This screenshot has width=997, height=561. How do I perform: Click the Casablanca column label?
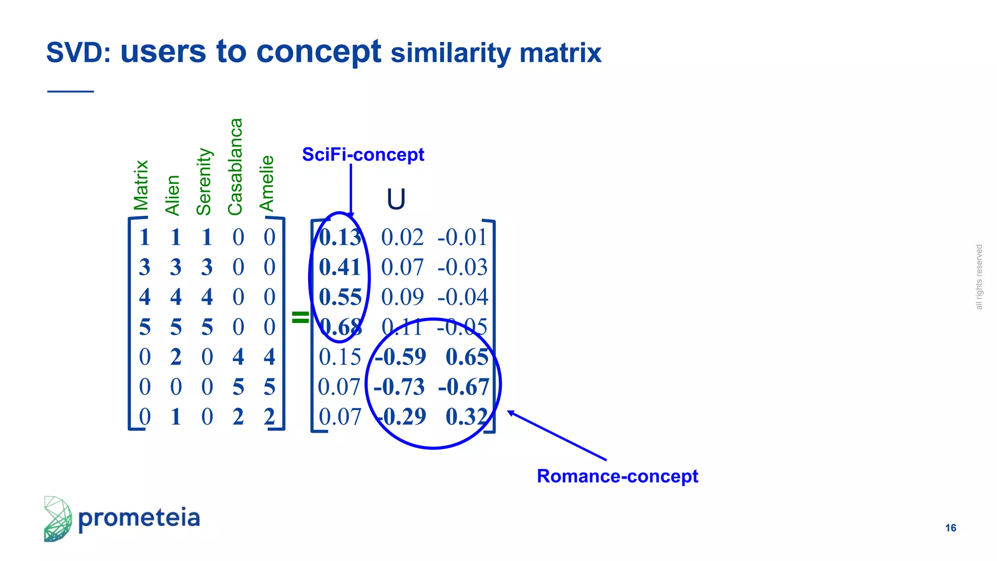point(236,167)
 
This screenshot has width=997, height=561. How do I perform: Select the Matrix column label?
point(141,185)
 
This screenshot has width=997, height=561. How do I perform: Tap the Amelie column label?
point(267,183)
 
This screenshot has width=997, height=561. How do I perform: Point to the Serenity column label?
point(204,182)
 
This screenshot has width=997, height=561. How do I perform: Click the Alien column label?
point(173,195)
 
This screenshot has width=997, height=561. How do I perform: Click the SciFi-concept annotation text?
point(363,154)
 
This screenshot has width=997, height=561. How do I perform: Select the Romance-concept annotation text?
point(617,476)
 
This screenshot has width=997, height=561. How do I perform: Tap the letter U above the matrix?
point(396,199)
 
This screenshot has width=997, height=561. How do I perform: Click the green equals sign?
point(300,317)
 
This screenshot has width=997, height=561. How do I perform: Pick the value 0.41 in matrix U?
point(340,267)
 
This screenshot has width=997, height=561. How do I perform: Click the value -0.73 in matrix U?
point(399,387)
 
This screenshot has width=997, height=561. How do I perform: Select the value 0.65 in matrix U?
point(467,357)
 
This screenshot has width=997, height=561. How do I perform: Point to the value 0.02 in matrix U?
point(402,238)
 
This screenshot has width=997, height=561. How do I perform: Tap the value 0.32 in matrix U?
point(466,417)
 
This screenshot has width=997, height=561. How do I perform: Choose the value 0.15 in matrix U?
point(340,357)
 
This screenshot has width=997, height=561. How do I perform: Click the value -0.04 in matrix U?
point(462,297)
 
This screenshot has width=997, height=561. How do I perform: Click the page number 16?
point(950,528)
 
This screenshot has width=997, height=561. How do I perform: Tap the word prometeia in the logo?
point(139,518)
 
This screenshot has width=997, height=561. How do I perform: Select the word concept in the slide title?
point(318,52)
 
